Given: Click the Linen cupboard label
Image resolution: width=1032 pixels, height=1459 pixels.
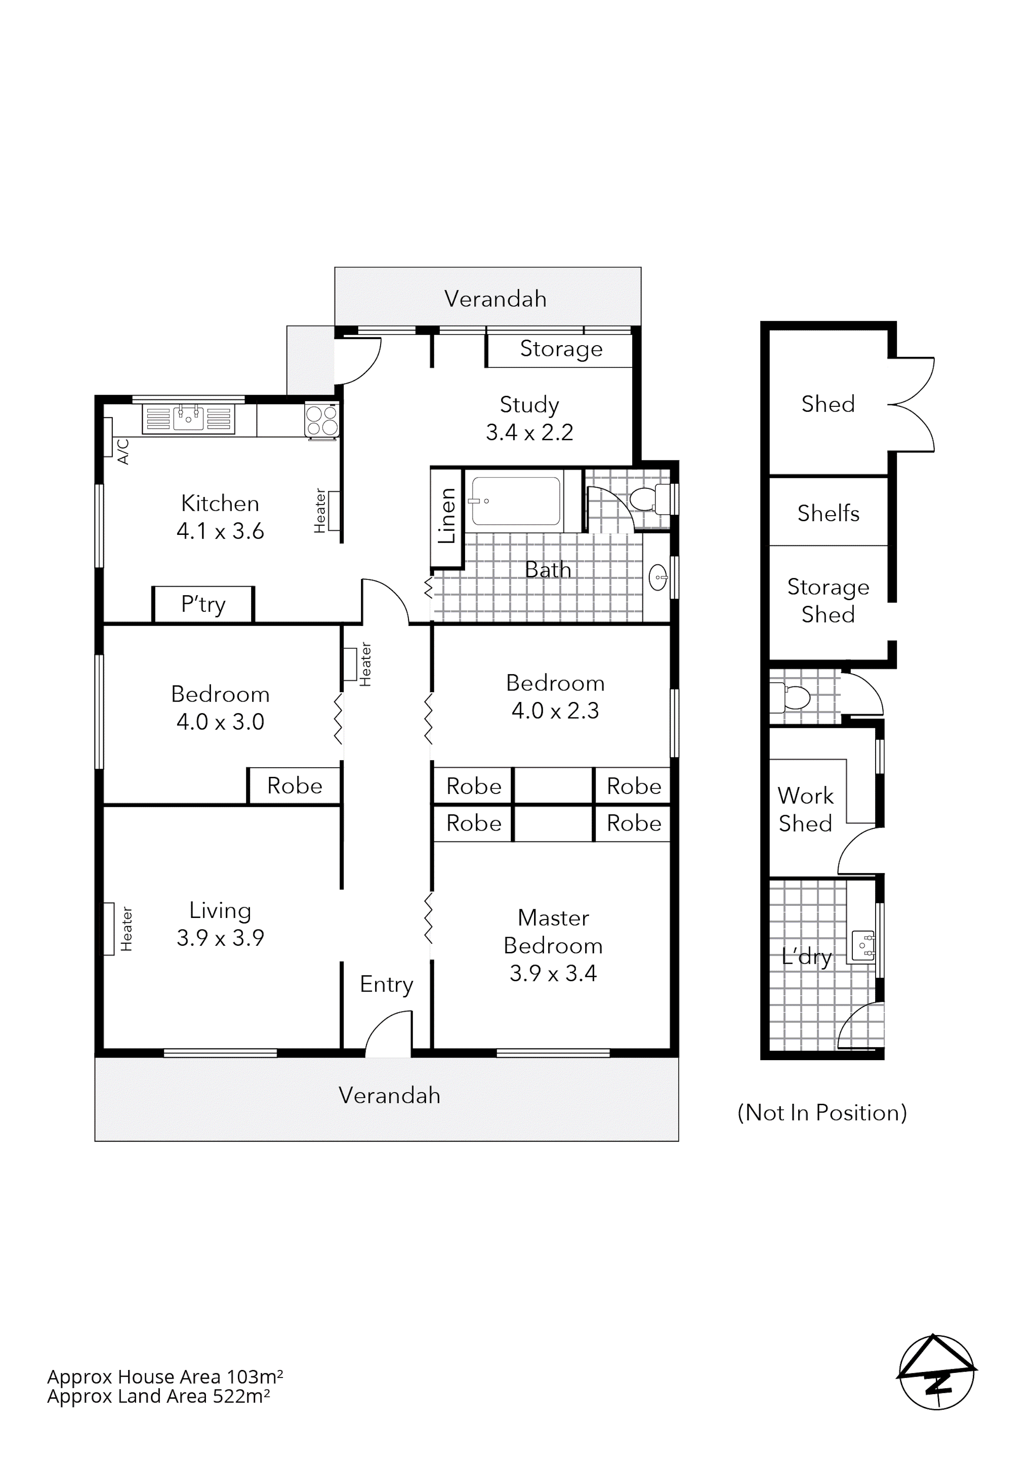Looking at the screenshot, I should click(448, 516).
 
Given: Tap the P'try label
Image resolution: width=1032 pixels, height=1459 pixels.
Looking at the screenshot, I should click(203, 604).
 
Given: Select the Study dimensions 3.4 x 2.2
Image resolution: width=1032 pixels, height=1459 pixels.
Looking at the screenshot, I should click(530, 433).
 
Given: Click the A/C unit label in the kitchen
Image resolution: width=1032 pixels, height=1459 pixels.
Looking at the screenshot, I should click(123, 451).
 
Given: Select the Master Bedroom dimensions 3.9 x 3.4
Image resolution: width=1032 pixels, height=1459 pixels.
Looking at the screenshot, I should click(553, 974).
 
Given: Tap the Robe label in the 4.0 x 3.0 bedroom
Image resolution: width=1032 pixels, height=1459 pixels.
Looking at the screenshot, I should click(294, 786).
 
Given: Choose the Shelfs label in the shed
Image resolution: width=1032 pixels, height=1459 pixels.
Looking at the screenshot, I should click(828, 514).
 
